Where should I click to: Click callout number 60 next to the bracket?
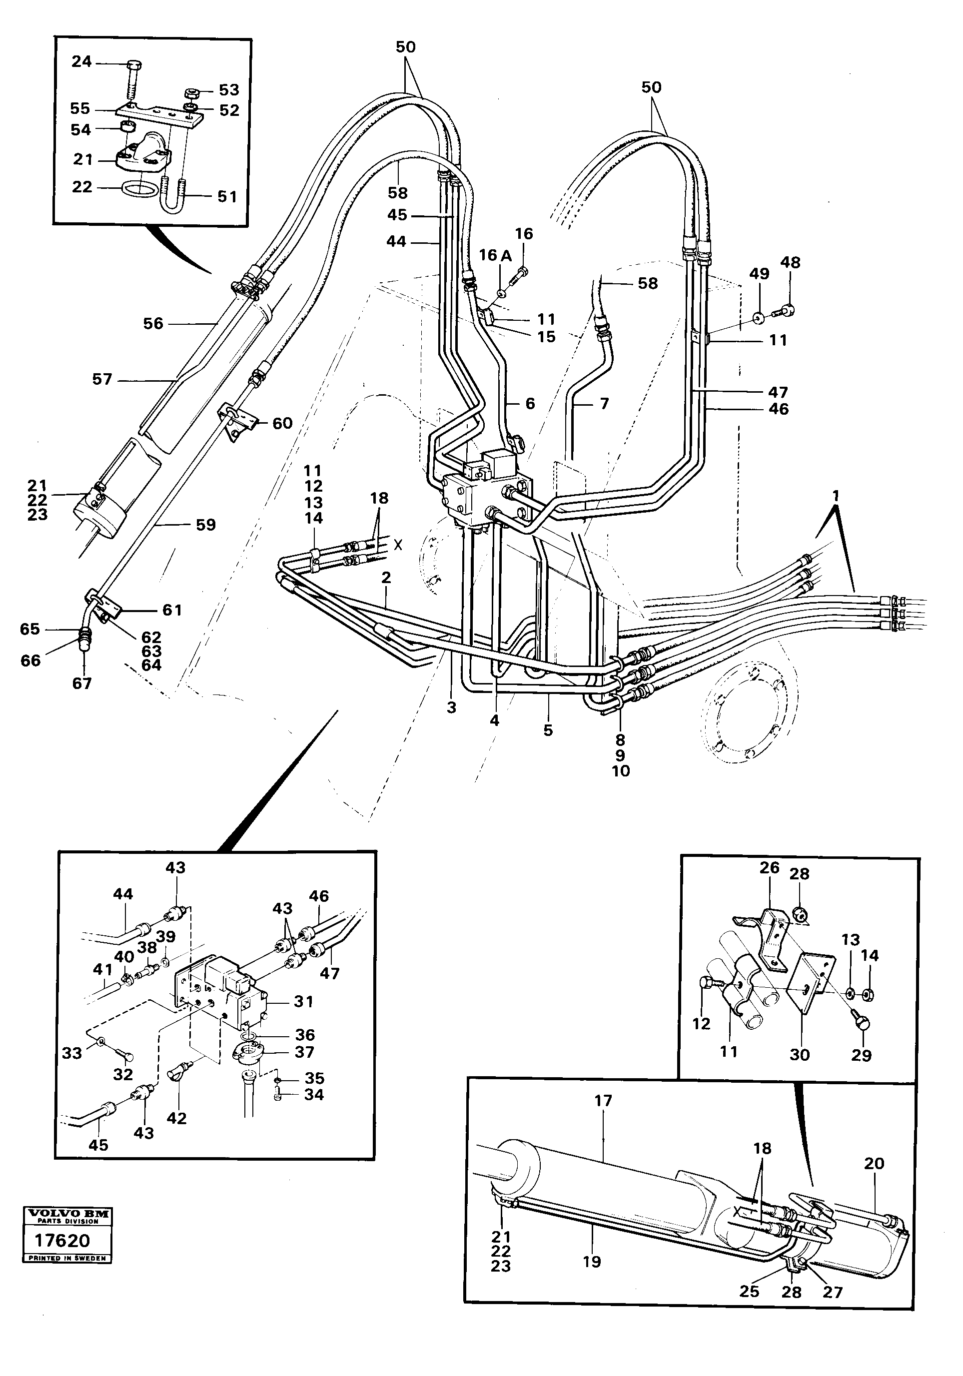pos(282,423)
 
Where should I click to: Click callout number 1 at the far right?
pos(836,496)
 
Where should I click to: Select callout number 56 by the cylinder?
pos(153,324)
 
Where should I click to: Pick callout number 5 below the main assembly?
pos(548,730)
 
